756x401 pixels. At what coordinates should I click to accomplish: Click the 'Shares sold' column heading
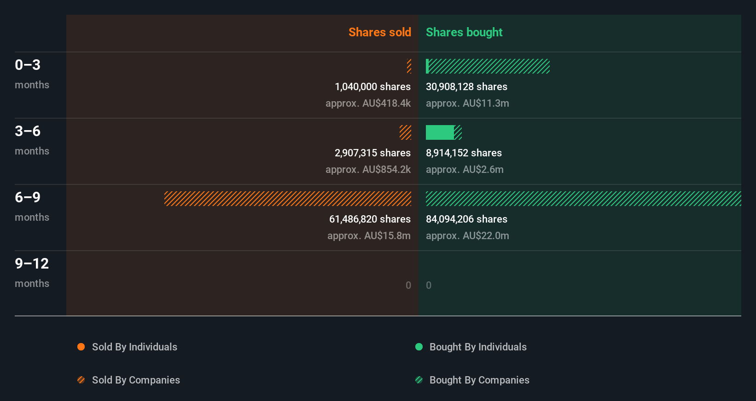tap(379, 32)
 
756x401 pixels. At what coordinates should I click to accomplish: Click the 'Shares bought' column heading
tap(464, 32)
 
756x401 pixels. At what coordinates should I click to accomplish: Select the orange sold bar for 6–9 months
tap(288, 199)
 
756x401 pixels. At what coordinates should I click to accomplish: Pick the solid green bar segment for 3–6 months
tap(440, 132)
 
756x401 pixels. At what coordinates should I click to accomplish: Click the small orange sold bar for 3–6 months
tap(405, 132)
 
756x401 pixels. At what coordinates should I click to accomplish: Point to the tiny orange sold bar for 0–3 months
tap(409, 66)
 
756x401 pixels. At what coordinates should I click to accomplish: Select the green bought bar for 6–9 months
tap(583, 199)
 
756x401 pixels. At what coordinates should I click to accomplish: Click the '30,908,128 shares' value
tap(466, 86)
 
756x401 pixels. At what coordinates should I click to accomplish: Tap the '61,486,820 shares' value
tap(370, 219)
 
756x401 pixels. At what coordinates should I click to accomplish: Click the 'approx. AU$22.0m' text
tap(467, 235)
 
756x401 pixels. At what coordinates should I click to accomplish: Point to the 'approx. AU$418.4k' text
tap(368, 103)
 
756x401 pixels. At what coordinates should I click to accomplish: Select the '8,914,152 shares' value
tap(464, 153)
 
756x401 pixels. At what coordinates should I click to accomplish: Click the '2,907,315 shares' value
tap(372, 153)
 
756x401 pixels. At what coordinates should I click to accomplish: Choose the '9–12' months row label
tap(32, 264)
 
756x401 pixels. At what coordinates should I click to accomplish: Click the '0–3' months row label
tap(28, 65)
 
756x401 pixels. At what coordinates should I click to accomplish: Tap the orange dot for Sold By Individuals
tap(81, 347)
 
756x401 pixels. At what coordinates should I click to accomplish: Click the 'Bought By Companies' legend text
tap(479, 380)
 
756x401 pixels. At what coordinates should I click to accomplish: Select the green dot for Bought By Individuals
tap(419, 347)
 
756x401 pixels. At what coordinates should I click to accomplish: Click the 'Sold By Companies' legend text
tap(136, 380)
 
